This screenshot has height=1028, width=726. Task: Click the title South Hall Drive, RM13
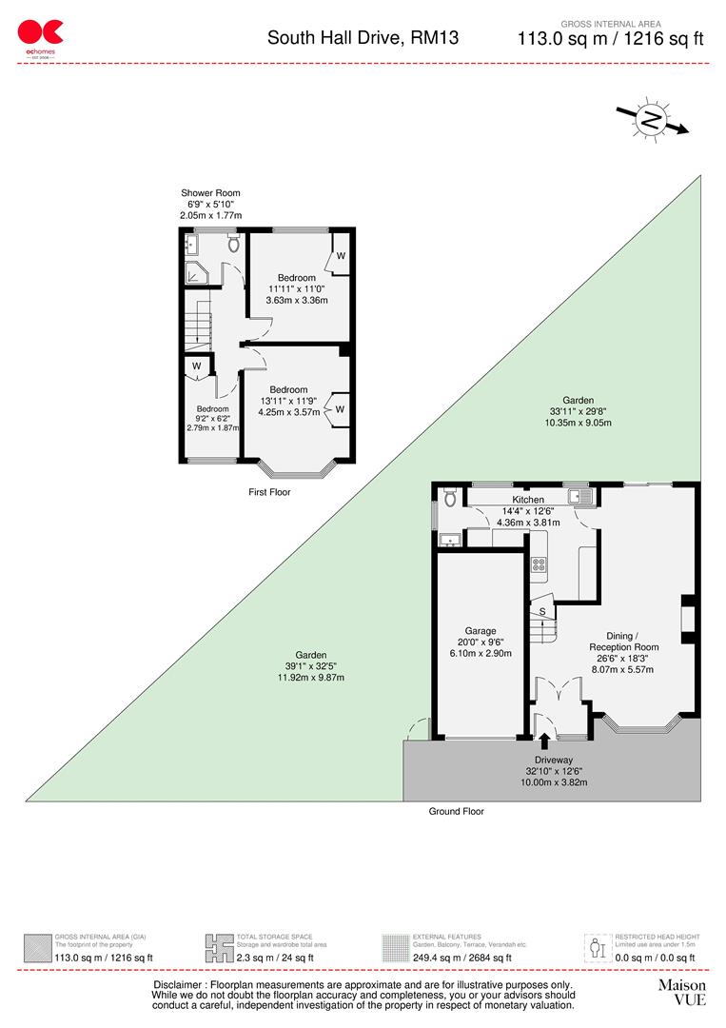click(362, 38)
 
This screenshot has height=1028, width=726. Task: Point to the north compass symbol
click(652, 120)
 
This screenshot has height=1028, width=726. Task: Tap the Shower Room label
click(210, 194)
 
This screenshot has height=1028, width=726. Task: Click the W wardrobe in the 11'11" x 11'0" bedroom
click(340, 256)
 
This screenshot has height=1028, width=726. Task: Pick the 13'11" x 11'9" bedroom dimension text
click(288, 401)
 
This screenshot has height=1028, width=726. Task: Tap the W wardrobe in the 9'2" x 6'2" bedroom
click(196, 366)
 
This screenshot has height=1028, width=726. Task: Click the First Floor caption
click(269, 492)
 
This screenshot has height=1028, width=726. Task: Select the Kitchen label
click(528, 500)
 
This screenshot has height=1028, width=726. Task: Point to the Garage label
click(481, 630)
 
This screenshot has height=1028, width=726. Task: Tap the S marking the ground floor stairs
click(542, 611)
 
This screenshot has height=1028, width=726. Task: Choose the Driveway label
click(553, 760)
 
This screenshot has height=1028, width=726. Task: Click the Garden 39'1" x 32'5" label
click(310, 656)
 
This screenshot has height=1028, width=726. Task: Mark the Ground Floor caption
click(457, 812)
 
